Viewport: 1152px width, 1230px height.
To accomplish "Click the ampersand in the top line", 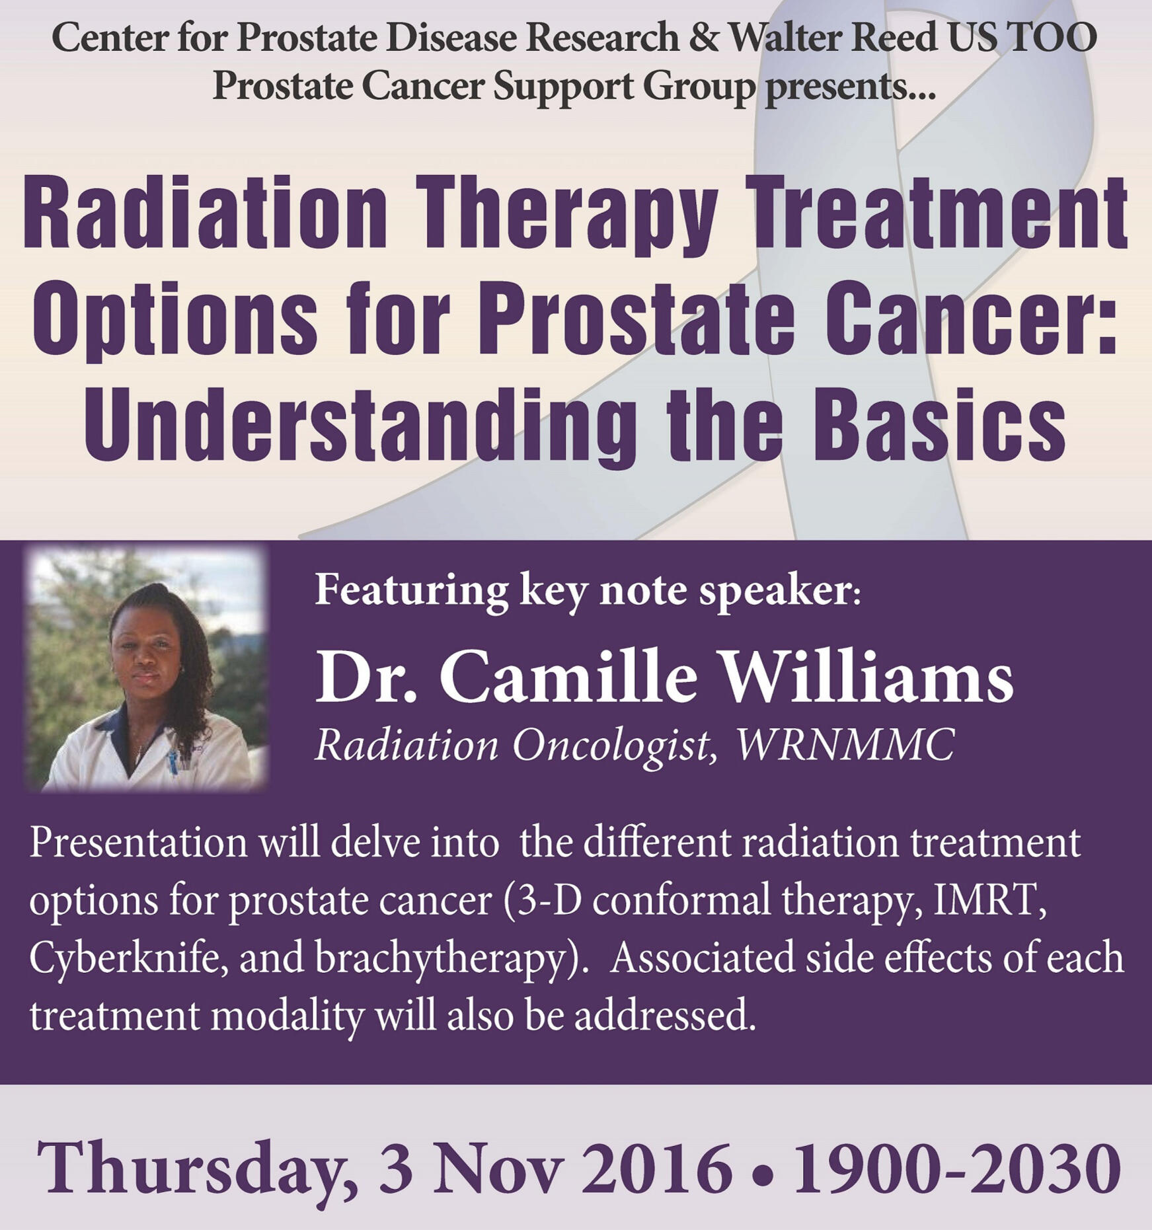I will point(703,37).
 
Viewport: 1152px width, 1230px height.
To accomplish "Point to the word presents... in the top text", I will point(850,86).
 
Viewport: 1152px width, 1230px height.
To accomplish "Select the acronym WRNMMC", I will point(845,745).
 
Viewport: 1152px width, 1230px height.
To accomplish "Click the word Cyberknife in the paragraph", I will point(128,958).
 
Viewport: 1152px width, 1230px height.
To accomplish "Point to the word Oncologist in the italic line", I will point(615,746).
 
